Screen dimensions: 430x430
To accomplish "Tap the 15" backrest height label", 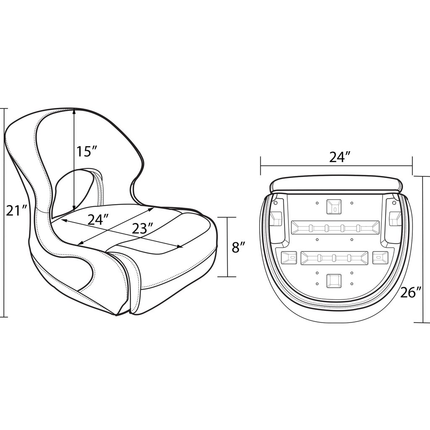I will [87, 151].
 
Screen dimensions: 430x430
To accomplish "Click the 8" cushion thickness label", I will [238, 247].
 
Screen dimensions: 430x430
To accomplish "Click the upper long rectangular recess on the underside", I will [335, 228].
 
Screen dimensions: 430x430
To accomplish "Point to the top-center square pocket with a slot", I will [335, 206].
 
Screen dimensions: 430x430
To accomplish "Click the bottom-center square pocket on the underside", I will [334, 281].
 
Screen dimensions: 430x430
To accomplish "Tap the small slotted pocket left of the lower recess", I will [289, 257].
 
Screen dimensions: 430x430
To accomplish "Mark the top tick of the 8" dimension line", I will [228, 218].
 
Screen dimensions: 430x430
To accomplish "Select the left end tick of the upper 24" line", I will [261, 162].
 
